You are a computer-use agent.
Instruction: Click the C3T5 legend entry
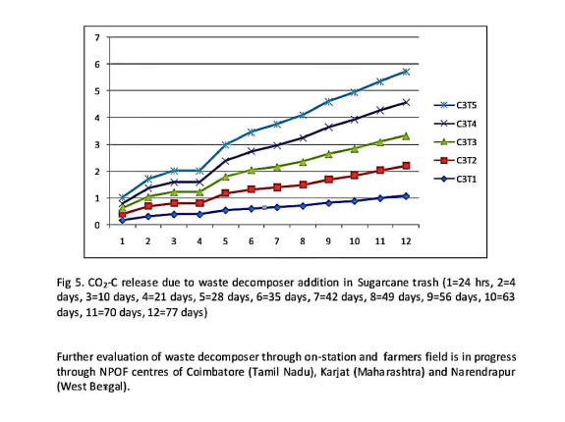point(455,105)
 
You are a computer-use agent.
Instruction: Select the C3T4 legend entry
point(455,124)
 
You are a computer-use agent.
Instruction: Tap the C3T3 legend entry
point(455,142)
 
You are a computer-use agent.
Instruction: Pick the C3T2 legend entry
point(455,160)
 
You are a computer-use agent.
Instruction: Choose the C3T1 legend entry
point(455,180)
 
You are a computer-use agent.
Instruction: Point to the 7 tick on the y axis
point(97,37)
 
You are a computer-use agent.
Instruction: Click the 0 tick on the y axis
point(97,225)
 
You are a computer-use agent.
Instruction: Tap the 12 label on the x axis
point(406,241)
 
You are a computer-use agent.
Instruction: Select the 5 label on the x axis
point(225,241)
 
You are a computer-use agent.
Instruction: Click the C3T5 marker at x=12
point(406,72)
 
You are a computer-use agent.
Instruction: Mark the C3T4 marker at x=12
point(406,102)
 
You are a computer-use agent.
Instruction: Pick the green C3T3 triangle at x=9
point(328,154)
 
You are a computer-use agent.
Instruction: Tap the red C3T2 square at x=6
point(252,189)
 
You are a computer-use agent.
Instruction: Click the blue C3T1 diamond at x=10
point(355,201)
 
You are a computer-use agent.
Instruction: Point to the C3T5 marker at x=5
point(226,145)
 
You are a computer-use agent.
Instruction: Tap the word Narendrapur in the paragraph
point(482,372)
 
